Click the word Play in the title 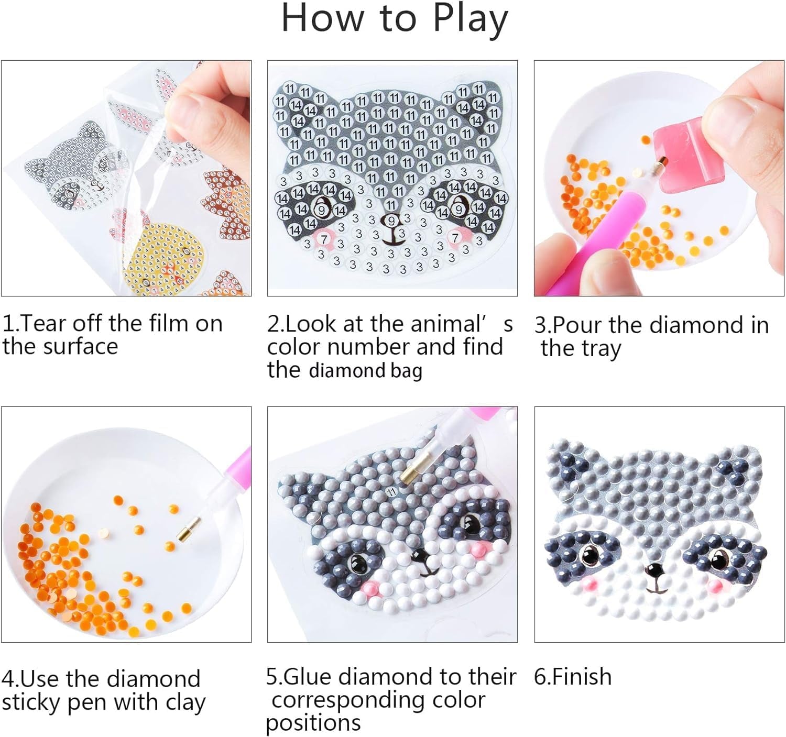pos(470,19)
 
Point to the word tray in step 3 pos(601,349)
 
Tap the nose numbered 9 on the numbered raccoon pos(390,222)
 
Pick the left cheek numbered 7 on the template pos(324,239)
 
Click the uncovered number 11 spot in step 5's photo pos(391,491)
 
